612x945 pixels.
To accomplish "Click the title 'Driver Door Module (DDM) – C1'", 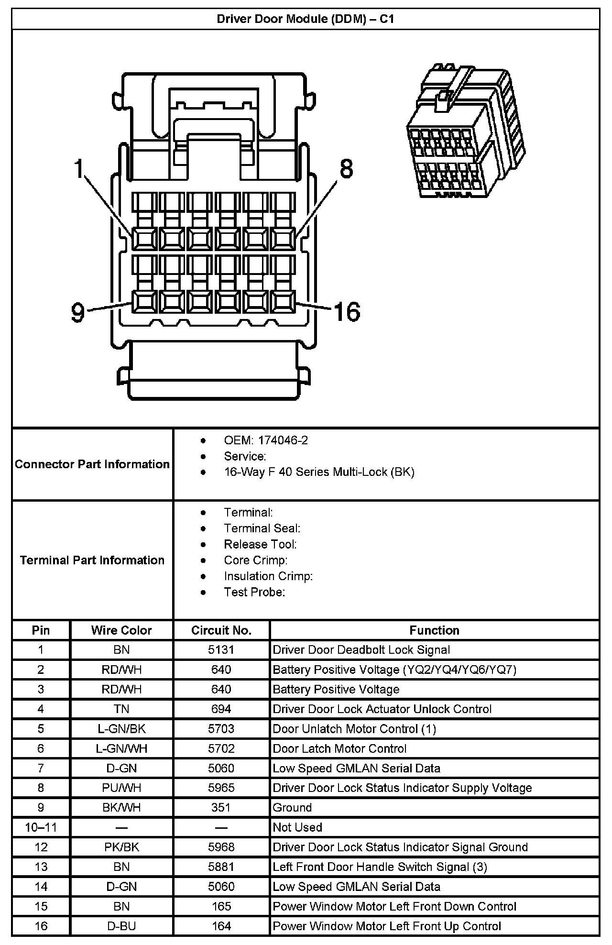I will coord(305,19).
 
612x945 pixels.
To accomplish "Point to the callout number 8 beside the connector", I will coord(346,169).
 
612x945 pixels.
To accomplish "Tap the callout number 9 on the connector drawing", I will coord(77,312).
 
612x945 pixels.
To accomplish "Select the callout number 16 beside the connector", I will coord(347,312).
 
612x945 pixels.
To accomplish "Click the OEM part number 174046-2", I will coord(283,440).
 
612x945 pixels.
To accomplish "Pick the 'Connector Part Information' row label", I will coord(92,464).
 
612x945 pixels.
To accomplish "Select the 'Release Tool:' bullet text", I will coord(260,544).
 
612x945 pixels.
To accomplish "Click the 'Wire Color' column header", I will coord(121,630).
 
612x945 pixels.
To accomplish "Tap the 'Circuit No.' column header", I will coord(221,630).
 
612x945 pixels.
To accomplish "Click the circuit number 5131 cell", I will coord(221,650).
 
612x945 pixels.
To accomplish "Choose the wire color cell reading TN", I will coord(121,709).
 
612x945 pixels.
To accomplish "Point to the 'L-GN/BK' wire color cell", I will coord(121,729).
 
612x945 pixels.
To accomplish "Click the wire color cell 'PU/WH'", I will coord(121,788).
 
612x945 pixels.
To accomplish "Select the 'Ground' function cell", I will coord(292,808).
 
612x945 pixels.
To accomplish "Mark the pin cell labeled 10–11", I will coord(41,827).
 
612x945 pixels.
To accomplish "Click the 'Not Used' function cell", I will coord(297,827).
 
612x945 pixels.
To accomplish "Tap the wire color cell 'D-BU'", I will coord(121,926).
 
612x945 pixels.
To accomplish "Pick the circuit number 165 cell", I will coord(221,906).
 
